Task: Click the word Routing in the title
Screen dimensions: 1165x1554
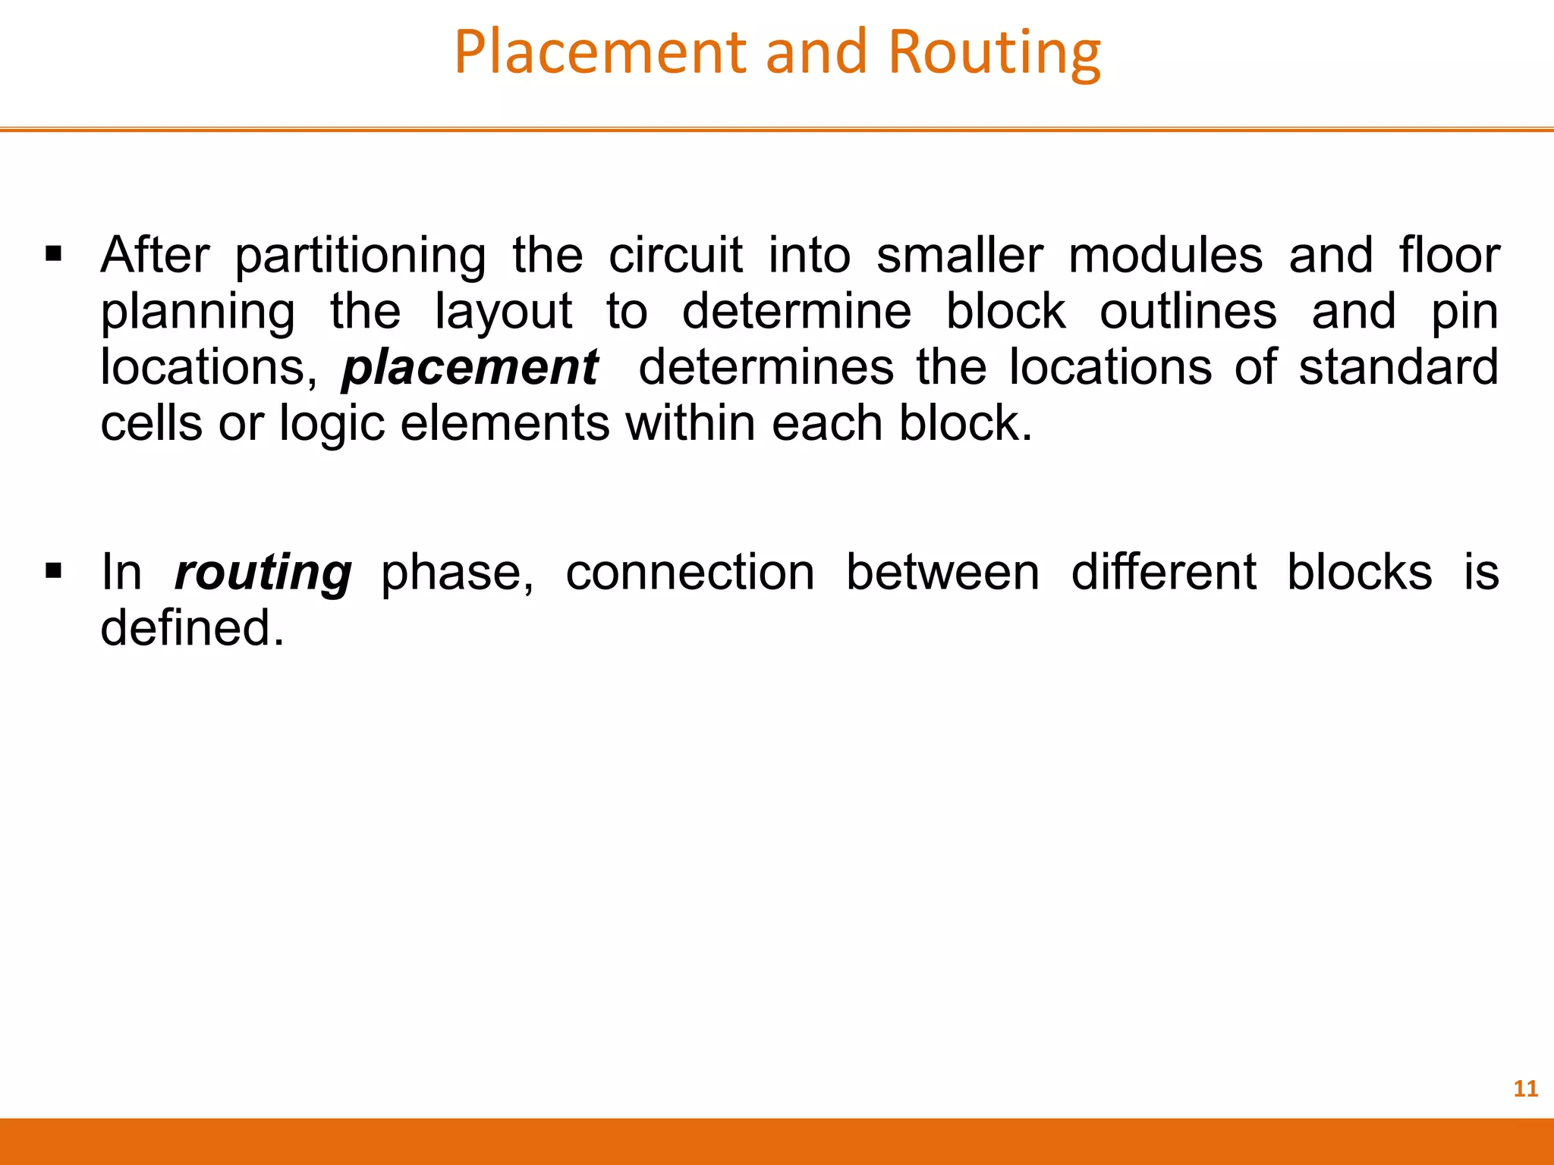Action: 994,53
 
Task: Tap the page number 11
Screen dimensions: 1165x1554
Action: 1525,1089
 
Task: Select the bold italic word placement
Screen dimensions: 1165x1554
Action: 470,368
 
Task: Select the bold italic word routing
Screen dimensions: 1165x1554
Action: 263,573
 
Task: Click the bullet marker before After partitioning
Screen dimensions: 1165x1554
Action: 53,253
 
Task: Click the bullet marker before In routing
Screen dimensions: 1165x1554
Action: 53,570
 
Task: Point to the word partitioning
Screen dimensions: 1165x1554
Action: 360,256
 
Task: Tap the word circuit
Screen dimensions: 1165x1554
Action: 675,255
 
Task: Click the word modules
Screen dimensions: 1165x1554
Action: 1165,255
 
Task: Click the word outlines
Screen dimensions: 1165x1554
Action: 1188,311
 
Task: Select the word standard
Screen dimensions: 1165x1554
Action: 1398,367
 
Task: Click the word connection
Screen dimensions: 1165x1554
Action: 690,572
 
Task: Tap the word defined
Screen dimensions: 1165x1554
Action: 193,628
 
